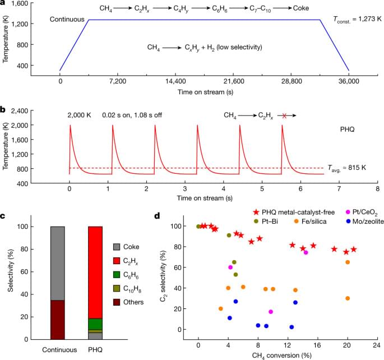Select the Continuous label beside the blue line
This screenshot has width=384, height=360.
[x=67, y=20]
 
